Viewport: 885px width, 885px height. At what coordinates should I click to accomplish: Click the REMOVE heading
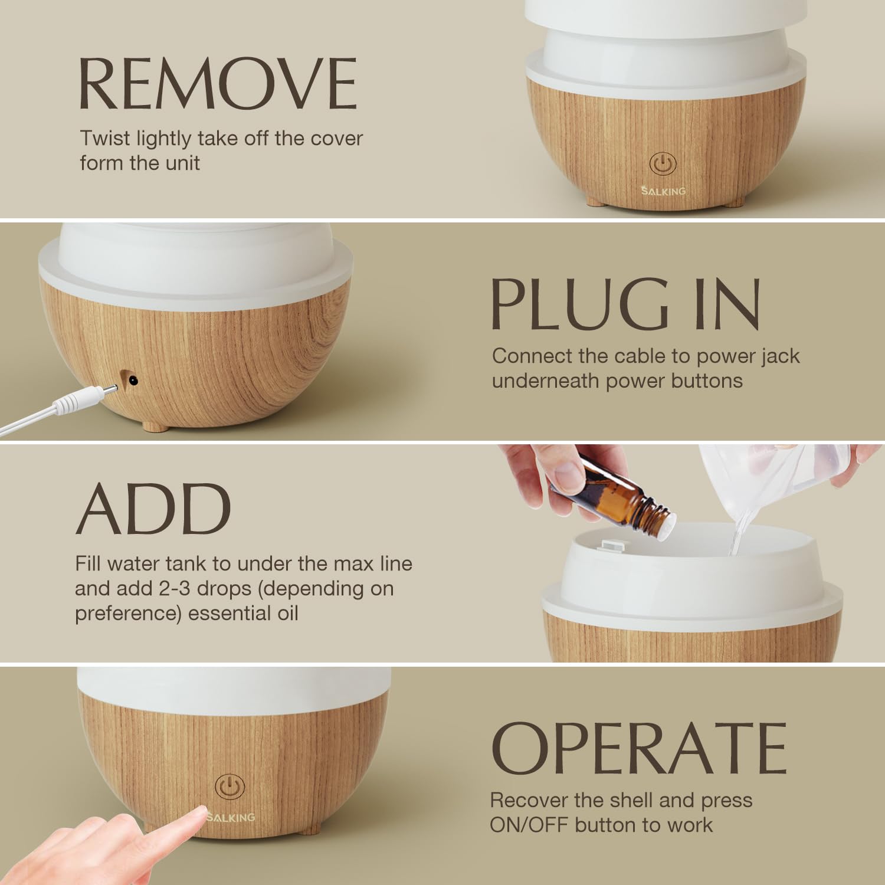tap(218, 84)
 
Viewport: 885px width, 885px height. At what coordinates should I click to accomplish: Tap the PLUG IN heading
tap(625, 303)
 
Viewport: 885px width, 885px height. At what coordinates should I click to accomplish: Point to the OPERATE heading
tap(639, 748)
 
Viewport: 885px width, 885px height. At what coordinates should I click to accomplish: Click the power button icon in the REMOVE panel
tap(663, 163)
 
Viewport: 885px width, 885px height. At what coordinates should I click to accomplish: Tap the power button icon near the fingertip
tap(230, 787)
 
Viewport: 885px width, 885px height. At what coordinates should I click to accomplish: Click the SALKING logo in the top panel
tap(664, 191)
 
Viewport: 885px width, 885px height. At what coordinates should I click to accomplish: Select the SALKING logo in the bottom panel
tap(231, 817)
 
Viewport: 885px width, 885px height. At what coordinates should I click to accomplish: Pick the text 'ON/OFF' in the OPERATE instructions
tap(529, 824)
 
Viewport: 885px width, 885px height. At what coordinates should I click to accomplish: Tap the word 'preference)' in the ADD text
tap(127, 613)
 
